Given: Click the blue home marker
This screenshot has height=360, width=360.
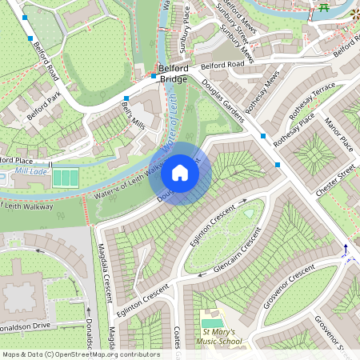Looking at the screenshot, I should point(180,173).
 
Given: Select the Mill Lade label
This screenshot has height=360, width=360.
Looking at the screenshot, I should point(31,171).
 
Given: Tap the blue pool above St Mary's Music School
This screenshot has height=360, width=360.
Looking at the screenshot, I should point(212,322).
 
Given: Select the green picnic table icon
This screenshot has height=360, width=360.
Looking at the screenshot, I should point(324,7).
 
